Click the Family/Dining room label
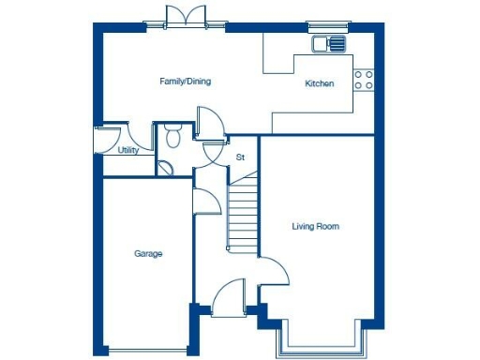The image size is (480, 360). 185,82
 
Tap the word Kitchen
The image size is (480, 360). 320,84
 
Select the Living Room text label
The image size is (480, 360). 315,227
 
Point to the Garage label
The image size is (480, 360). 148,254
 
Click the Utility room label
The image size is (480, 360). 128,150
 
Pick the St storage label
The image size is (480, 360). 240,157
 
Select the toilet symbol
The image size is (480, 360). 172,136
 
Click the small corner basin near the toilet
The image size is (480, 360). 165,170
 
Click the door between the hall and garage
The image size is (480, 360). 202,201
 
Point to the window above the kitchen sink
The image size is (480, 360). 326,26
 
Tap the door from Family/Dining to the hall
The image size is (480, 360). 209,123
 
